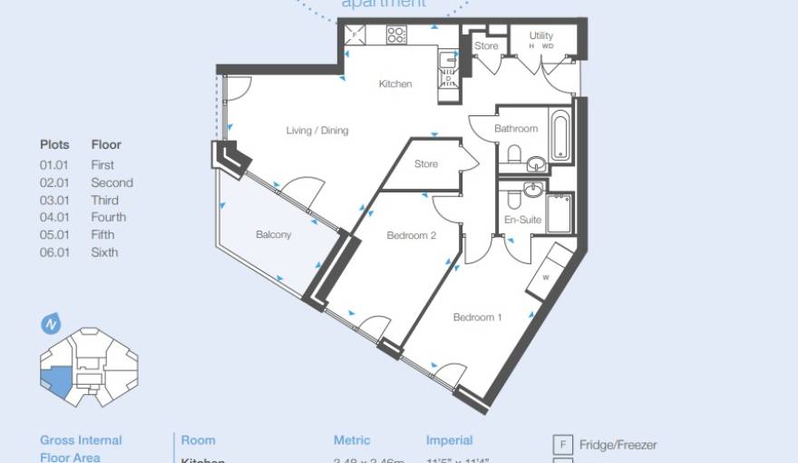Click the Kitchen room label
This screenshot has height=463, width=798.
394,84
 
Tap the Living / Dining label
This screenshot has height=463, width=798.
316,131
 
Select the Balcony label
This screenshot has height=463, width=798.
273,235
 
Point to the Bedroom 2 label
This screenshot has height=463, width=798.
412,236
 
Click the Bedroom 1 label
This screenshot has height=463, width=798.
478,318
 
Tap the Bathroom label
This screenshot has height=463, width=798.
516,129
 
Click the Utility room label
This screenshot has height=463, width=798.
541,36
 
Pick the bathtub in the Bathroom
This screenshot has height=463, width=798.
560,136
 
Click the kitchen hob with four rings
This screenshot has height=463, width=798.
396,34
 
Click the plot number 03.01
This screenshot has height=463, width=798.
54,200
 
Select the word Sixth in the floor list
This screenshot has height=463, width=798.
104,252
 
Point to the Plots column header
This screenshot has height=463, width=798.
54,144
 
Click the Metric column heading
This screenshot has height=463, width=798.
352,440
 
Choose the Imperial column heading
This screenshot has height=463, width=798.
450,440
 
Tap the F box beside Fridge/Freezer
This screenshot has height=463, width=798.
563,445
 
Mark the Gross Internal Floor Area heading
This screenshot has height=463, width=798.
81,448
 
